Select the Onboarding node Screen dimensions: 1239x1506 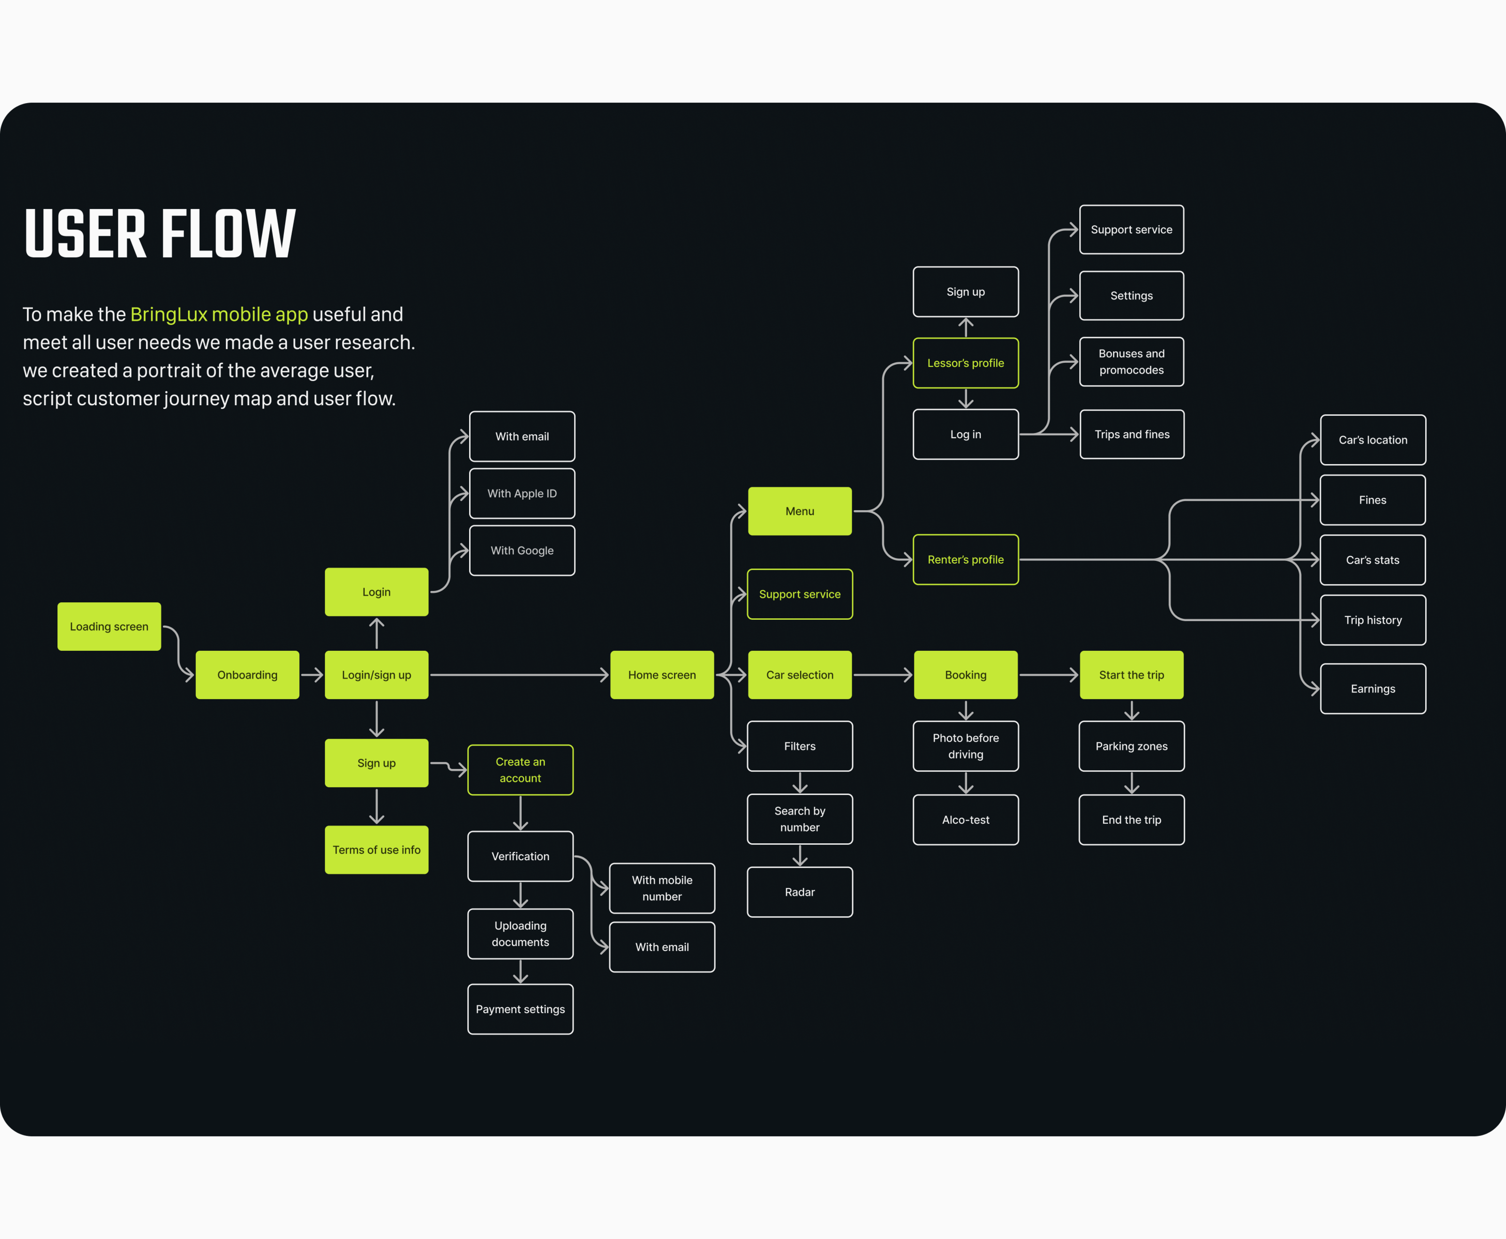click(247, 674)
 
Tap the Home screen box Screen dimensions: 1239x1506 click(662, 674)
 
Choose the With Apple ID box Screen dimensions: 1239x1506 click(522, 493)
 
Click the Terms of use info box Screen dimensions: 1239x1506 click(376, 849)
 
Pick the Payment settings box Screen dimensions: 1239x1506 click(521, 1008)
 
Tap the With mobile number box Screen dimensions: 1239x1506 click(662, 888)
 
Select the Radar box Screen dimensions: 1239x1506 click(800, 891)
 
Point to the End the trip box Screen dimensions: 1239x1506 click(1131, 819)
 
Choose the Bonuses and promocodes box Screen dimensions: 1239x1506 click(1131, 361)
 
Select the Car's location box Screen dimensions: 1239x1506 click(1372, 440)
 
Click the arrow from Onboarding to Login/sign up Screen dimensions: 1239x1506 click(312, 674)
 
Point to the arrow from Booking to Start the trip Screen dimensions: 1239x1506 click(1048, 674)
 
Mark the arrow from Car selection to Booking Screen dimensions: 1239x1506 click(882, 674)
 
